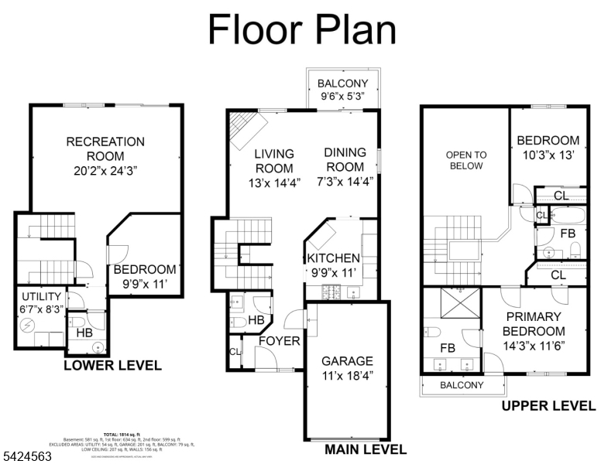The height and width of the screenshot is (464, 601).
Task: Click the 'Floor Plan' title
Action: pos(302,30)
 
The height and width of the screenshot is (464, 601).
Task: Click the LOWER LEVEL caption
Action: pos(112,365)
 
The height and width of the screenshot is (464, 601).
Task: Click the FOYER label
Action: pos(279,341)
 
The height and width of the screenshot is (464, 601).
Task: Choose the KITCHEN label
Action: pos(333,258)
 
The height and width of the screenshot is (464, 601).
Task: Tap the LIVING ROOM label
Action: pos(274,161)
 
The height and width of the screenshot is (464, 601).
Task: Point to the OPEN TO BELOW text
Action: pos(464,160)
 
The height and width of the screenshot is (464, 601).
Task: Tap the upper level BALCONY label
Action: pos(462,385)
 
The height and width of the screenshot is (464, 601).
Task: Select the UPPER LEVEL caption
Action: pos(548,406)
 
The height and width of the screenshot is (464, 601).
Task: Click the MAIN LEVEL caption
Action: pos(365,449)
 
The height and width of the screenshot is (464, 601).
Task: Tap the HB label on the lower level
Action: pos(84,333)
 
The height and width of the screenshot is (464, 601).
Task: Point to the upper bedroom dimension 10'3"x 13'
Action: pos(548,155)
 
